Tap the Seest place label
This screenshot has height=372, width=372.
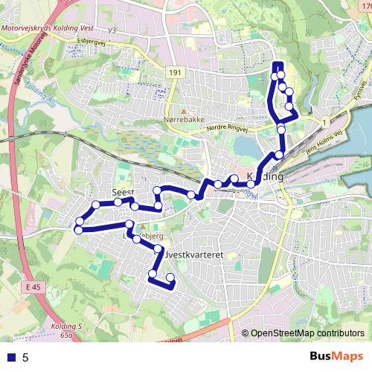(121, 191)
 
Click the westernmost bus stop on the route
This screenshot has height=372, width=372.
(78, 229)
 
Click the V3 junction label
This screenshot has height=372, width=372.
(113, 30)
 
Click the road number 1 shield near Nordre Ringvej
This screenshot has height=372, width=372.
(325, 121)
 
